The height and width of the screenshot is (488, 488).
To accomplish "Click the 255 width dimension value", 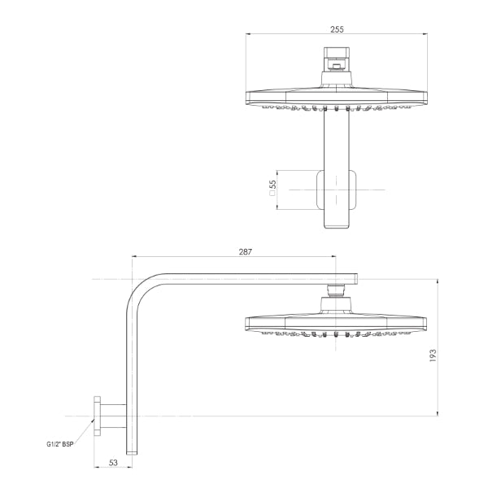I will point(337,28).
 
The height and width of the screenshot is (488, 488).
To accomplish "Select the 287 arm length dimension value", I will point(245,252).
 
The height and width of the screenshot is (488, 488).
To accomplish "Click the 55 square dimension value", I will point(272,190).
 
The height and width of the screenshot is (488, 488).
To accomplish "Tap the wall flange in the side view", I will point(98,416).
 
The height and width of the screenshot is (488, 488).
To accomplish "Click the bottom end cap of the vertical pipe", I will point(130,450).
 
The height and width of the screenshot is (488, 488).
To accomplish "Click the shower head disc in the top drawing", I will point(337,97).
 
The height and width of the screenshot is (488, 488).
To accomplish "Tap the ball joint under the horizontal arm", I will point(337,290).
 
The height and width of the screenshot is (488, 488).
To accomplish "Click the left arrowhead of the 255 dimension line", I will point(247,34).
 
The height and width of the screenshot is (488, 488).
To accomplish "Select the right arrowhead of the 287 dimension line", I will point(335,258).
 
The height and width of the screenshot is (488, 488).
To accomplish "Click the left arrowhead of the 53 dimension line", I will point(96,468).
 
